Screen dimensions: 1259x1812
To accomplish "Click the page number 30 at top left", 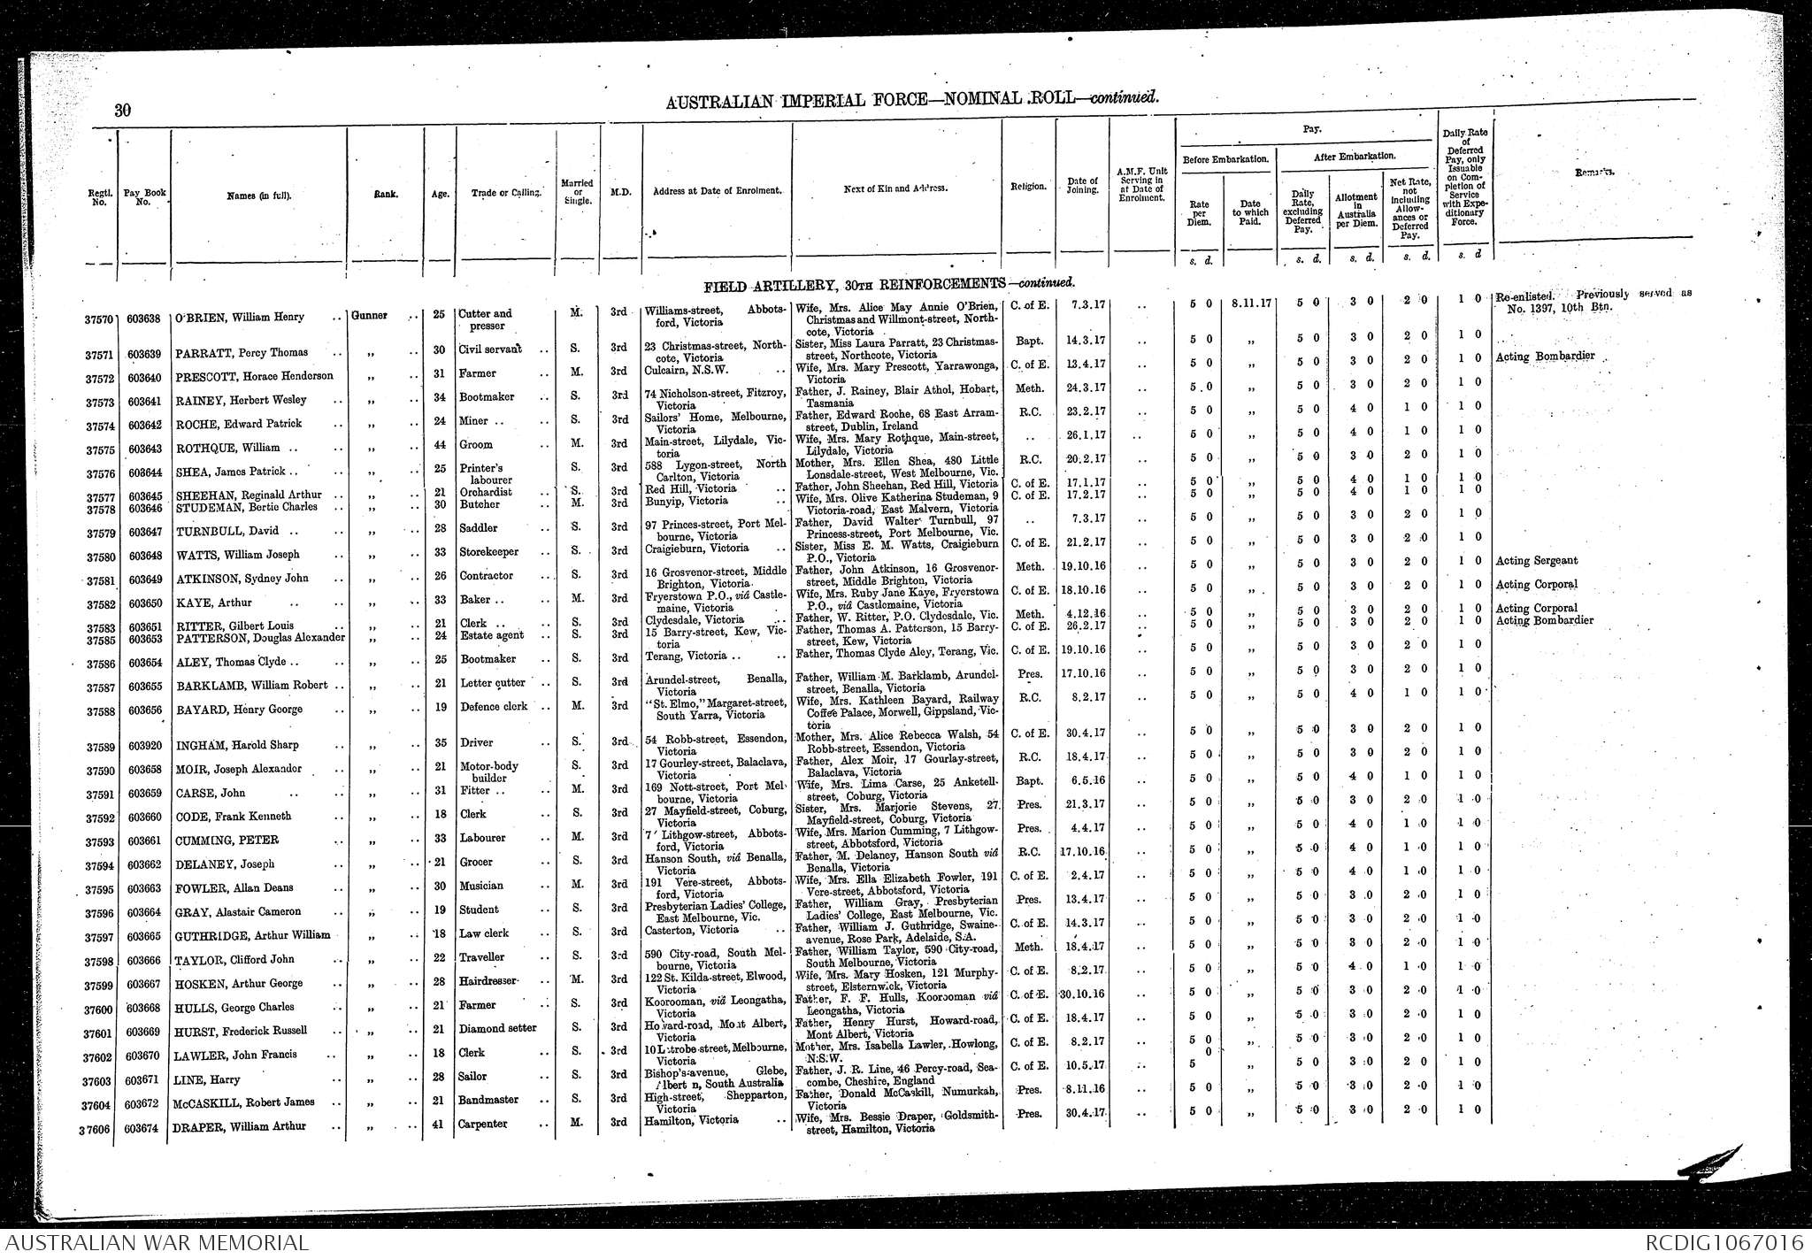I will (x=123, y=110).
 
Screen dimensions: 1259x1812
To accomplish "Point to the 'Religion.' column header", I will (x=1028, y=187).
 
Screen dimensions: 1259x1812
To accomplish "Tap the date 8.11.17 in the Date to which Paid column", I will (x=1251, y=303).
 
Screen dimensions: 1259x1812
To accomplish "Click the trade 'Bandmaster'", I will (x=488, y=1100).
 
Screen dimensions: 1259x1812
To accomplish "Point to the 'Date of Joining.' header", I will (x=1082, y=186).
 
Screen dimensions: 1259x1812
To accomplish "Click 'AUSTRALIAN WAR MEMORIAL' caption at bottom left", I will (x=154, y=1243).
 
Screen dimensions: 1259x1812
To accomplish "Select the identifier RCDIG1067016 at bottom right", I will (x=1724, y=1243).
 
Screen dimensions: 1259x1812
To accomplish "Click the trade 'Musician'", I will (x=481, y=886).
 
